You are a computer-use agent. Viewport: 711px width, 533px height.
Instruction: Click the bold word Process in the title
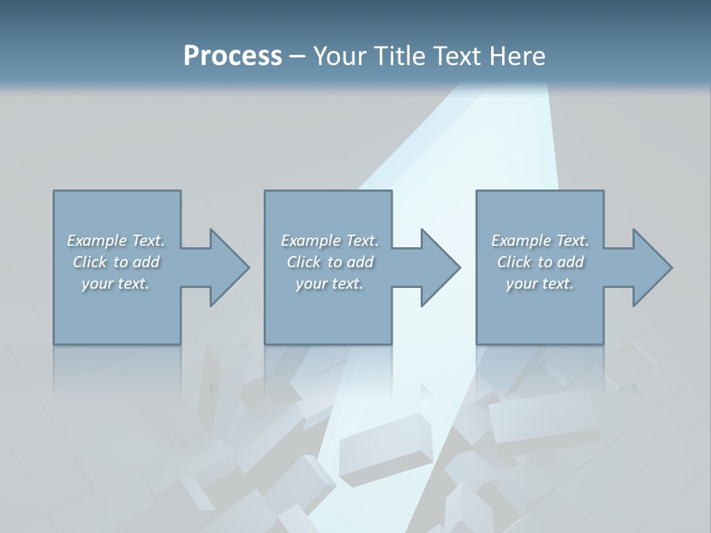233,56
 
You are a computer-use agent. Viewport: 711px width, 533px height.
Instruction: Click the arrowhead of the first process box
230,267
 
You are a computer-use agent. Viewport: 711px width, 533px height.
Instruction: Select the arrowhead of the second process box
441,267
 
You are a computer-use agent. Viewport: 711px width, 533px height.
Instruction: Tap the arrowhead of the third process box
652,267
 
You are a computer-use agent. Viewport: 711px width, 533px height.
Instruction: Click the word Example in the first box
97,241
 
